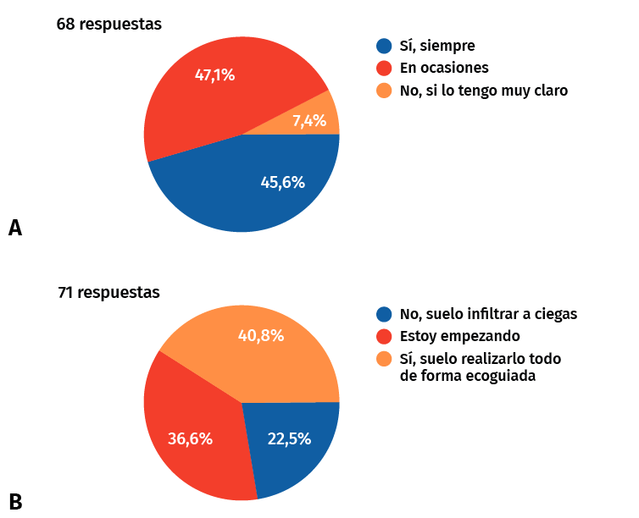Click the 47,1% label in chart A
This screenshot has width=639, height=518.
214,74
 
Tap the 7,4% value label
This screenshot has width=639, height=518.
309,121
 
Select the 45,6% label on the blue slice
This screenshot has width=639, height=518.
282,181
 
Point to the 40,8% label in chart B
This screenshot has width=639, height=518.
260,336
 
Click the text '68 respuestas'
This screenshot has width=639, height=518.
108,25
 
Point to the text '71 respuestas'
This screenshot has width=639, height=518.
108,294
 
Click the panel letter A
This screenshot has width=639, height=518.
14,228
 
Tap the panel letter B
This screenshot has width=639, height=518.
14,501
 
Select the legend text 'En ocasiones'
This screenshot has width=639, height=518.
444,68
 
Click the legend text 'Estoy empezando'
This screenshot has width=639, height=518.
459,336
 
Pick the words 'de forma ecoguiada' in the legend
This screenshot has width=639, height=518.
467,376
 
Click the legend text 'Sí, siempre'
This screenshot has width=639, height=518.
437,46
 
